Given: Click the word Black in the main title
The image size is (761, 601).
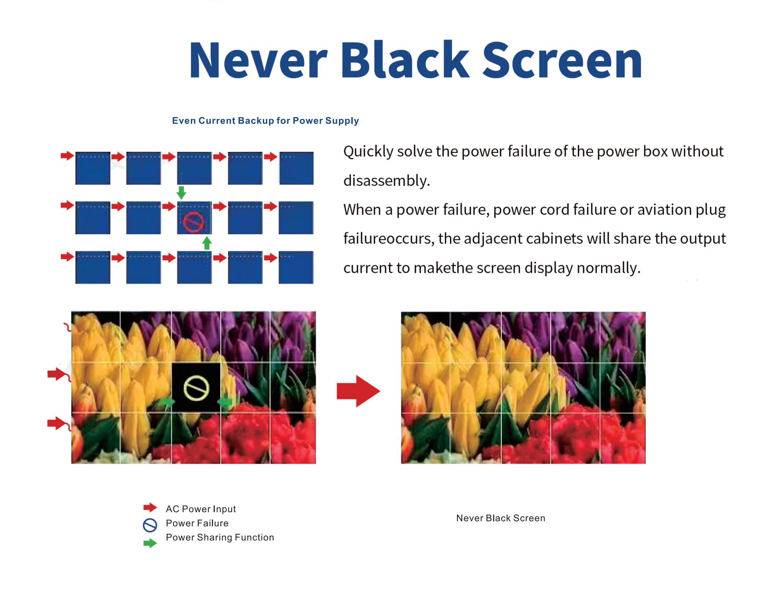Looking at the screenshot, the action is [x=405, y=59].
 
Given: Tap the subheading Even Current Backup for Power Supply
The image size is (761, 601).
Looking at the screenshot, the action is [x=265, y=121].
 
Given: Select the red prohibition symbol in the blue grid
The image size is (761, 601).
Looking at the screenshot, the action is [x=193, y=222].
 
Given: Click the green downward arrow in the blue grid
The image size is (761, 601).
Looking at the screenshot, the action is [x=181, y=193].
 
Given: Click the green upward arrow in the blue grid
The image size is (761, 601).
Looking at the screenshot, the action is [x=207, y=243].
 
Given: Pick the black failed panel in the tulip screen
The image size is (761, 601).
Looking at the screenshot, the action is [x=196, y=387].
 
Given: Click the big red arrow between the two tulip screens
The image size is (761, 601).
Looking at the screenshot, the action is [x=358, y=391].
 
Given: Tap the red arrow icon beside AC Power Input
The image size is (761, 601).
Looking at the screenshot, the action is [x=150, y=508].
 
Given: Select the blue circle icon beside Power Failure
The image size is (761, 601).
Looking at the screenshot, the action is [x=150, y=525].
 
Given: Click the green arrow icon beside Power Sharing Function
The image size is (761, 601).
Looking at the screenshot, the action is [x=150, y=543].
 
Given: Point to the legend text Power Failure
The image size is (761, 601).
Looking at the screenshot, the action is [x=197, y=523].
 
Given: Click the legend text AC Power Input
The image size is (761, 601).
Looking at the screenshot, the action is [x=201, y=509].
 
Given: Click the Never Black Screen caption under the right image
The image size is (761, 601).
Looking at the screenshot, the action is [x=501, y=518].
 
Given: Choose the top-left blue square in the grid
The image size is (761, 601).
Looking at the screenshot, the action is [x=93, y=168].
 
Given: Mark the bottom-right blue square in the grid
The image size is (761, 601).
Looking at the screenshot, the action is [x=296, y=267].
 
